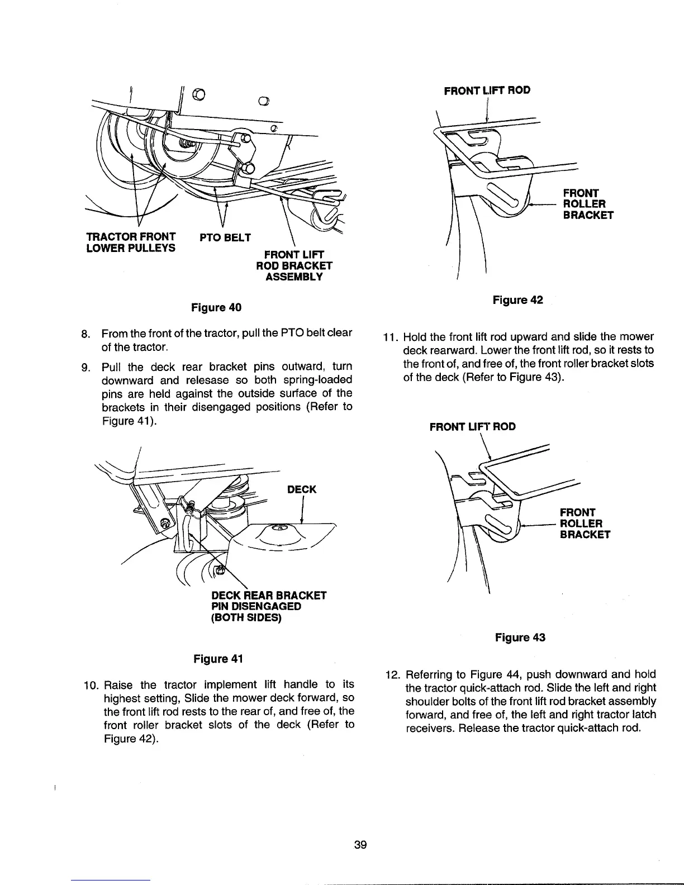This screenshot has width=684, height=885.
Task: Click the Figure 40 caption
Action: [x=216, y=307]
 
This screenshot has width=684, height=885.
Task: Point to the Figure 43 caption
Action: [x=520, y=637]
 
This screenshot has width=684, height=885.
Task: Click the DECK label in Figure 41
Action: [x=301, y=489]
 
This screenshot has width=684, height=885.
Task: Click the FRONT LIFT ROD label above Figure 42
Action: [x=487, y=90]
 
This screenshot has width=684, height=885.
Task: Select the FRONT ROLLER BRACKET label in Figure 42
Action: [x=588, y=204]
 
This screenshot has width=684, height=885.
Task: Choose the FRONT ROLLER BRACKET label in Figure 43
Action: [x=585, y=524]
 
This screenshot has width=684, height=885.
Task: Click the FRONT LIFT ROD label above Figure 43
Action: [x=472, y=427]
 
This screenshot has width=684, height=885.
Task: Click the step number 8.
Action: [x=86, y=334]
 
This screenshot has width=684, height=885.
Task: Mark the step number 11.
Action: [x=389, y=337]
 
